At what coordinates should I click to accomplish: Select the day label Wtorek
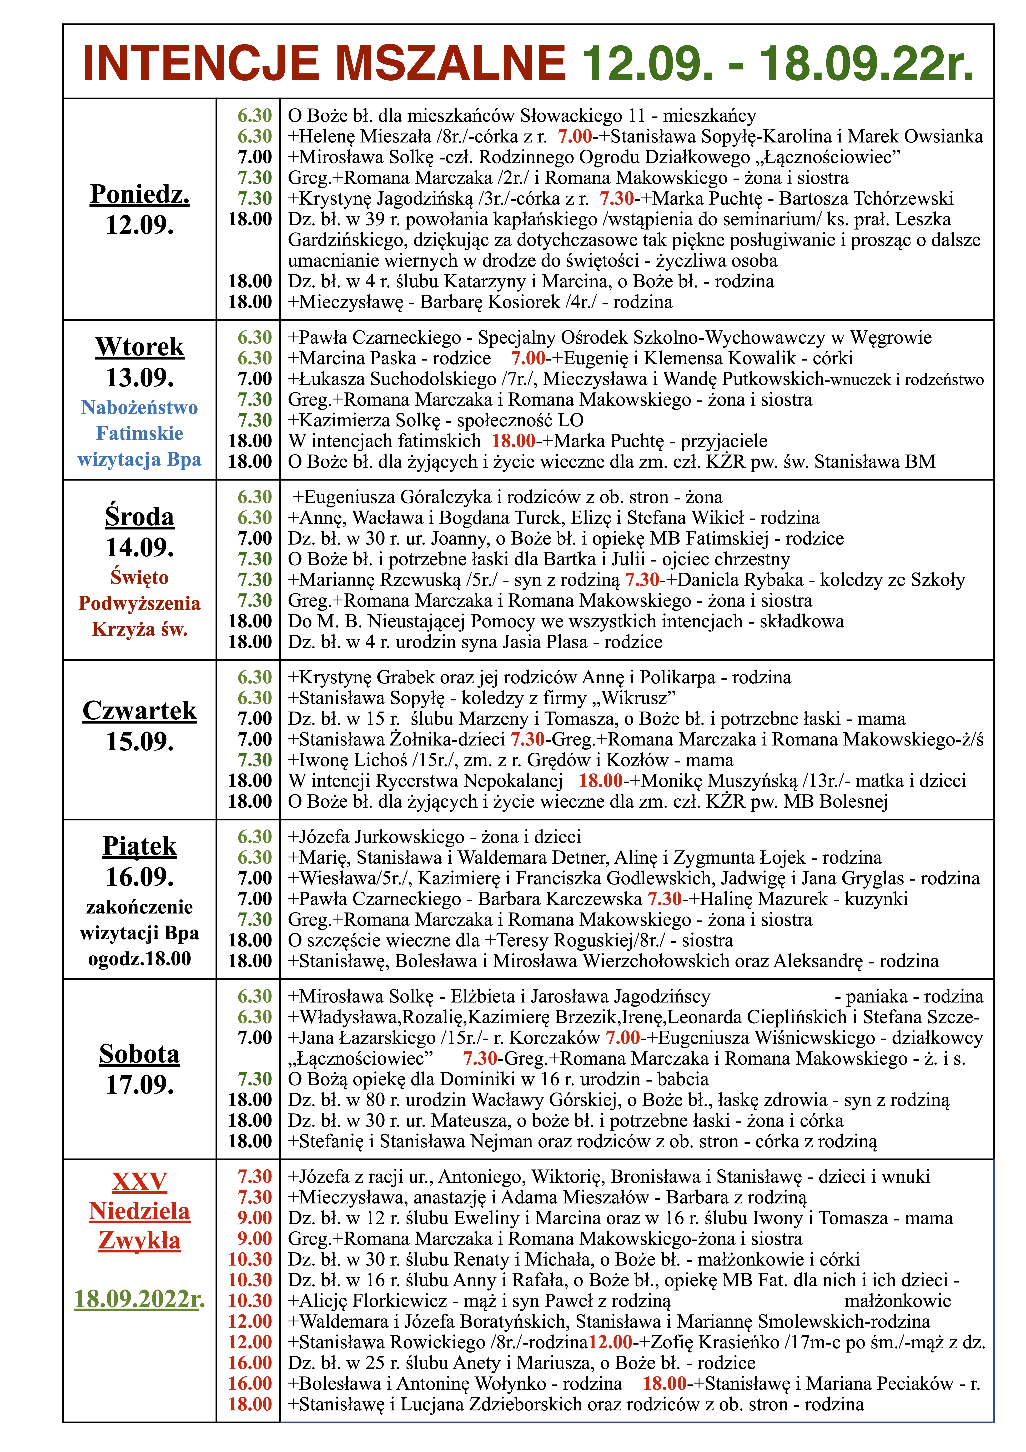coord(140,347)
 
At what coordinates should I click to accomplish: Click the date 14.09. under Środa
coord(140,547)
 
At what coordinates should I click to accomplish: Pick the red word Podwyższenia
coord(140,603)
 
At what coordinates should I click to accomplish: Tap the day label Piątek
coord(140,846)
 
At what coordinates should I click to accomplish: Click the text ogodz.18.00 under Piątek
coord(140,959)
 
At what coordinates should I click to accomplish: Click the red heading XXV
coord(140,1181)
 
